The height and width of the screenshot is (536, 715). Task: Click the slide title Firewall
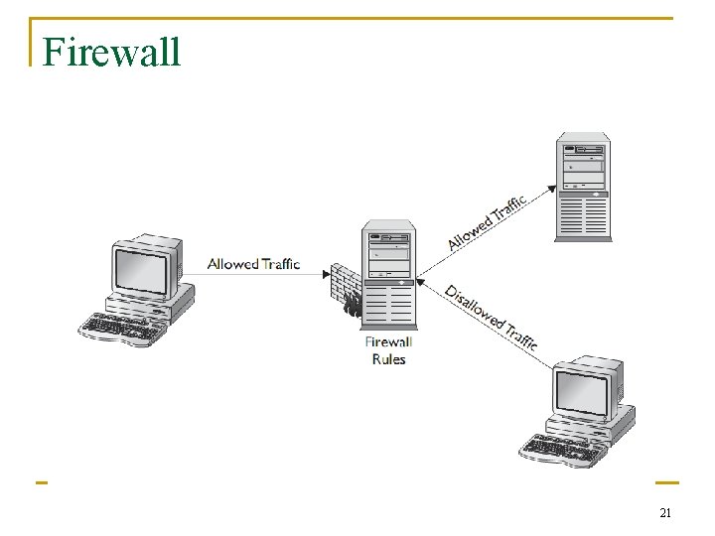(x=112, y=52)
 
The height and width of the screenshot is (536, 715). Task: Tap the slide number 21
(x=665, y=513)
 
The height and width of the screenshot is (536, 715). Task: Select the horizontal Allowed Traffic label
(x=253, y=264)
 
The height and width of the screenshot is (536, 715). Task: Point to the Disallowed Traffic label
(x=492, y=317)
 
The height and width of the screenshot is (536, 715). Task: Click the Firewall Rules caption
(x=388, y=350)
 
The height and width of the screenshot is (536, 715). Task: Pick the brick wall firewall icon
(x=346, y=290)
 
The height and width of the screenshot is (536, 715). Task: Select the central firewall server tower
(x=389, y=277)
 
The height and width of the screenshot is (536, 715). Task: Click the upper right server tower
(x=583, y=186)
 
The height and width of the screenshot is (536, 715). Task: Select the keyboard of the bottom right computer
(x=561, y=450)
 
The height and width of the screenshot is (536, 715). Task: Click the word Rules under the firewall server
(x=388, y=359)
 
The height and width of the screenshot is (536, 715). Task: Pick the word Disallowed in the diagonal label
(x=473, y=307)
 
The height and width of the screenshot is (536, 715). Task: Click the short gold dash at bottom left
(x=42, y=483)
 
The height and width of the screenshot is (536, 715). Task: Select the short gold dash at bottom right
(x=666, y=483)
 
